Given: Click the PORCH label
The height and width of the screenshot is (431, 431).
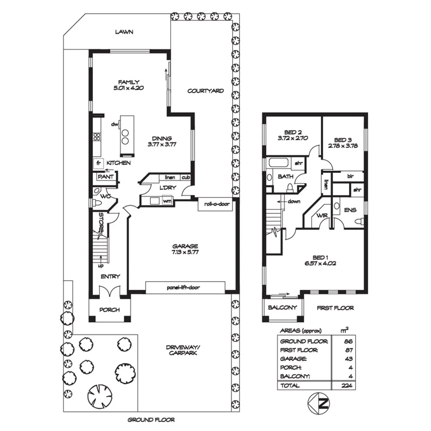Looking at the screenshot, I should pos(110,309).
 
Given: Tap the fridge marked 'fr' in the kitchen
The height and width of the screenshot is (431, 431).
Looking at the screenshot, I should pos(99,163).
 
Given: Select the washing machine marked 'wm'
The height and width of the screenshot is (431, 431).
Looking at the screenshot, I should pos(166,201).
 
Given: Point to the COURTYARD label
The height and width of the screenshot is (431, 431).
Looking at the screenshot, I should pos(205,91).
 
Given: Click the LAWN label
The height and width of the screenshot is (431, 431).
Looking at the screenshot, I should pos(124,32).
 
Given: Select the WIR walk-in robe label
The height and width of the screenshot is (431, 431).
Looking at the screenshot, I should pos(322,216).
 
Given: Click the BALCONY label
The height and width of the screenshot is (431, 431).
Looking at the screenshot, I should pos(282,308).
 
